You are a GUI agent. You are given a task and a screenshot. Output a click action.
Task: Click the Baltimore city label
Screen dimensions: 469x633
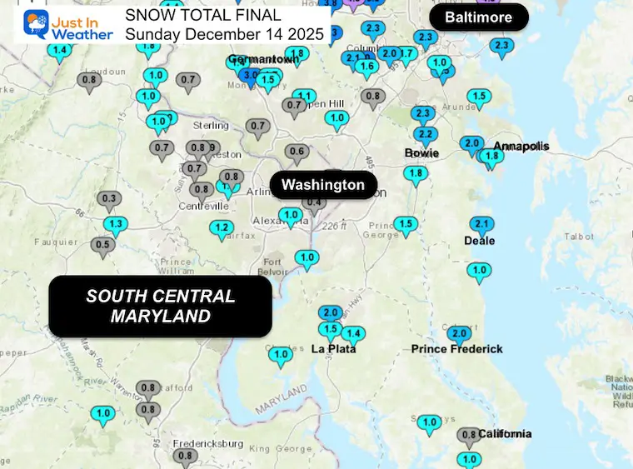[x=478, y=17]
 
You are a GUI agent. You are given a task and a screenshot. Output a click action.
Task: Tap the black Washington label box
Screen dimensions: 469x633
[x=323, y=185]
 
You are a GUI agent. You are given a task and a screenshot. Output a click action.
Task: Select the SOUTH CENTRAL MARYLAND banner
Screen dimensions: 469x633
[x=161, y=306]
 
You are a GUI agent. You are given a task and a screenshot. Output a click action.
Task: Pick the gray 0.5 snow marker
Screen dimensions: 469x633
[x=103, y=245]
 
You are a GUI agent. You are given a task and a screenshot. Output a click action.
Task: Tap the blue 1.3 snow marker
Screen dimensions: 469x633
[x=116, y=224]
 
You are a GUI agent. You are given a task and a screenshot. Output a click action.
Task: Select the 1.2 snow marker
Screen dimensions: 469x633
[x=222, y=227]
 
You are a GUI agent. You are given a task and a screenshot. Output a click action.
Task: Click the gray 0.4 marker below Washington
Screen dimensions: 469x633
[x=314, y=202]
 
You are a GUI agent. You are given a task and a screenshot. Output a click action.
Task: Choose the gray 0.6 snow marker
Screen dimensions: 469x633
[x=297, y=152]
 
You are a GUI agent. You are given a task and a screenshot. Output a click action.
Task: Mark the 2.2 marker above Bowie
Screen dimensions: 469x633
[x=425, y=135]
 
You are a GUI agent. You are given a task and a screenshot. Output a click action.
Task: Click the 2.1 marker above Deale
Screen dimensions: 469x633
[x=481, y=224]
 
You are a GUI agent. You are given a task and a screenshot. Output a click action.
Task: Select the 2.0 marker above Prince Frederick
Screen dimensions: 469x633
[x=459, y=334]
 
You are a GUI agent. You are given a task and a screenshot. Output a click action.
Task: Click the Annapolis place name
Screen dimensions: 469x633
[x=521, y=147]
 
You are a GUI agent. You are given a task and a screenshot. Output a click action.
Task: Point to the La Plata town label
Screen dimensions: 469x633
[x=334, y=349]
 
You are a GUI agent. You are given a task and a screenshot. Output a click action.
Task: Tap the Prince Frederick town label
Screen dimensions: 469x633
[x=457, y=349]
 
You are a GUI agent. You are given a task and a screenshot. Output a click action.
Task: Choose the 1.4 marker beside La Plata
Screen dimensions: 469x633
[x=353, y=334]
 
